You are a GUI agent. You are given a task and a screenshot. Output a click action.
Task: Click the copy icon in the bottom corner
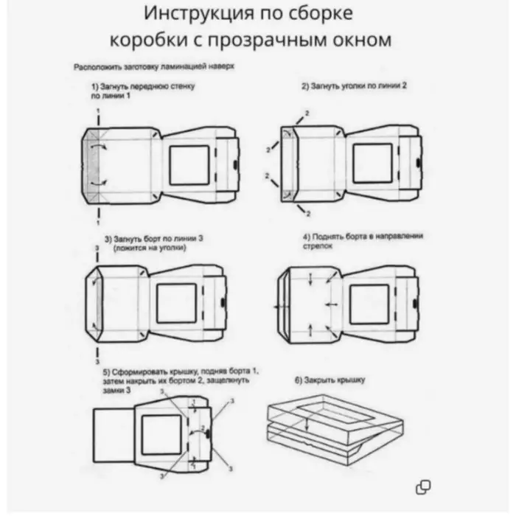[x=423, y=486]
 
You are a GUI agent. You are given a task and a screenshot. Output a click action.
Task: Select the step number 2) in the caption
[x=305, y=86]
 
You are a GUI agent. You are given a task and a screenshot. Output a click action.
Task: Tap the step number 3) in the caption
[x=108, y=239]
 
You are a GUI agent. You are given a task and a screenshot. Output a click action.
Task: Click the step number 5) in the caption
[x=107, y=371]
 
